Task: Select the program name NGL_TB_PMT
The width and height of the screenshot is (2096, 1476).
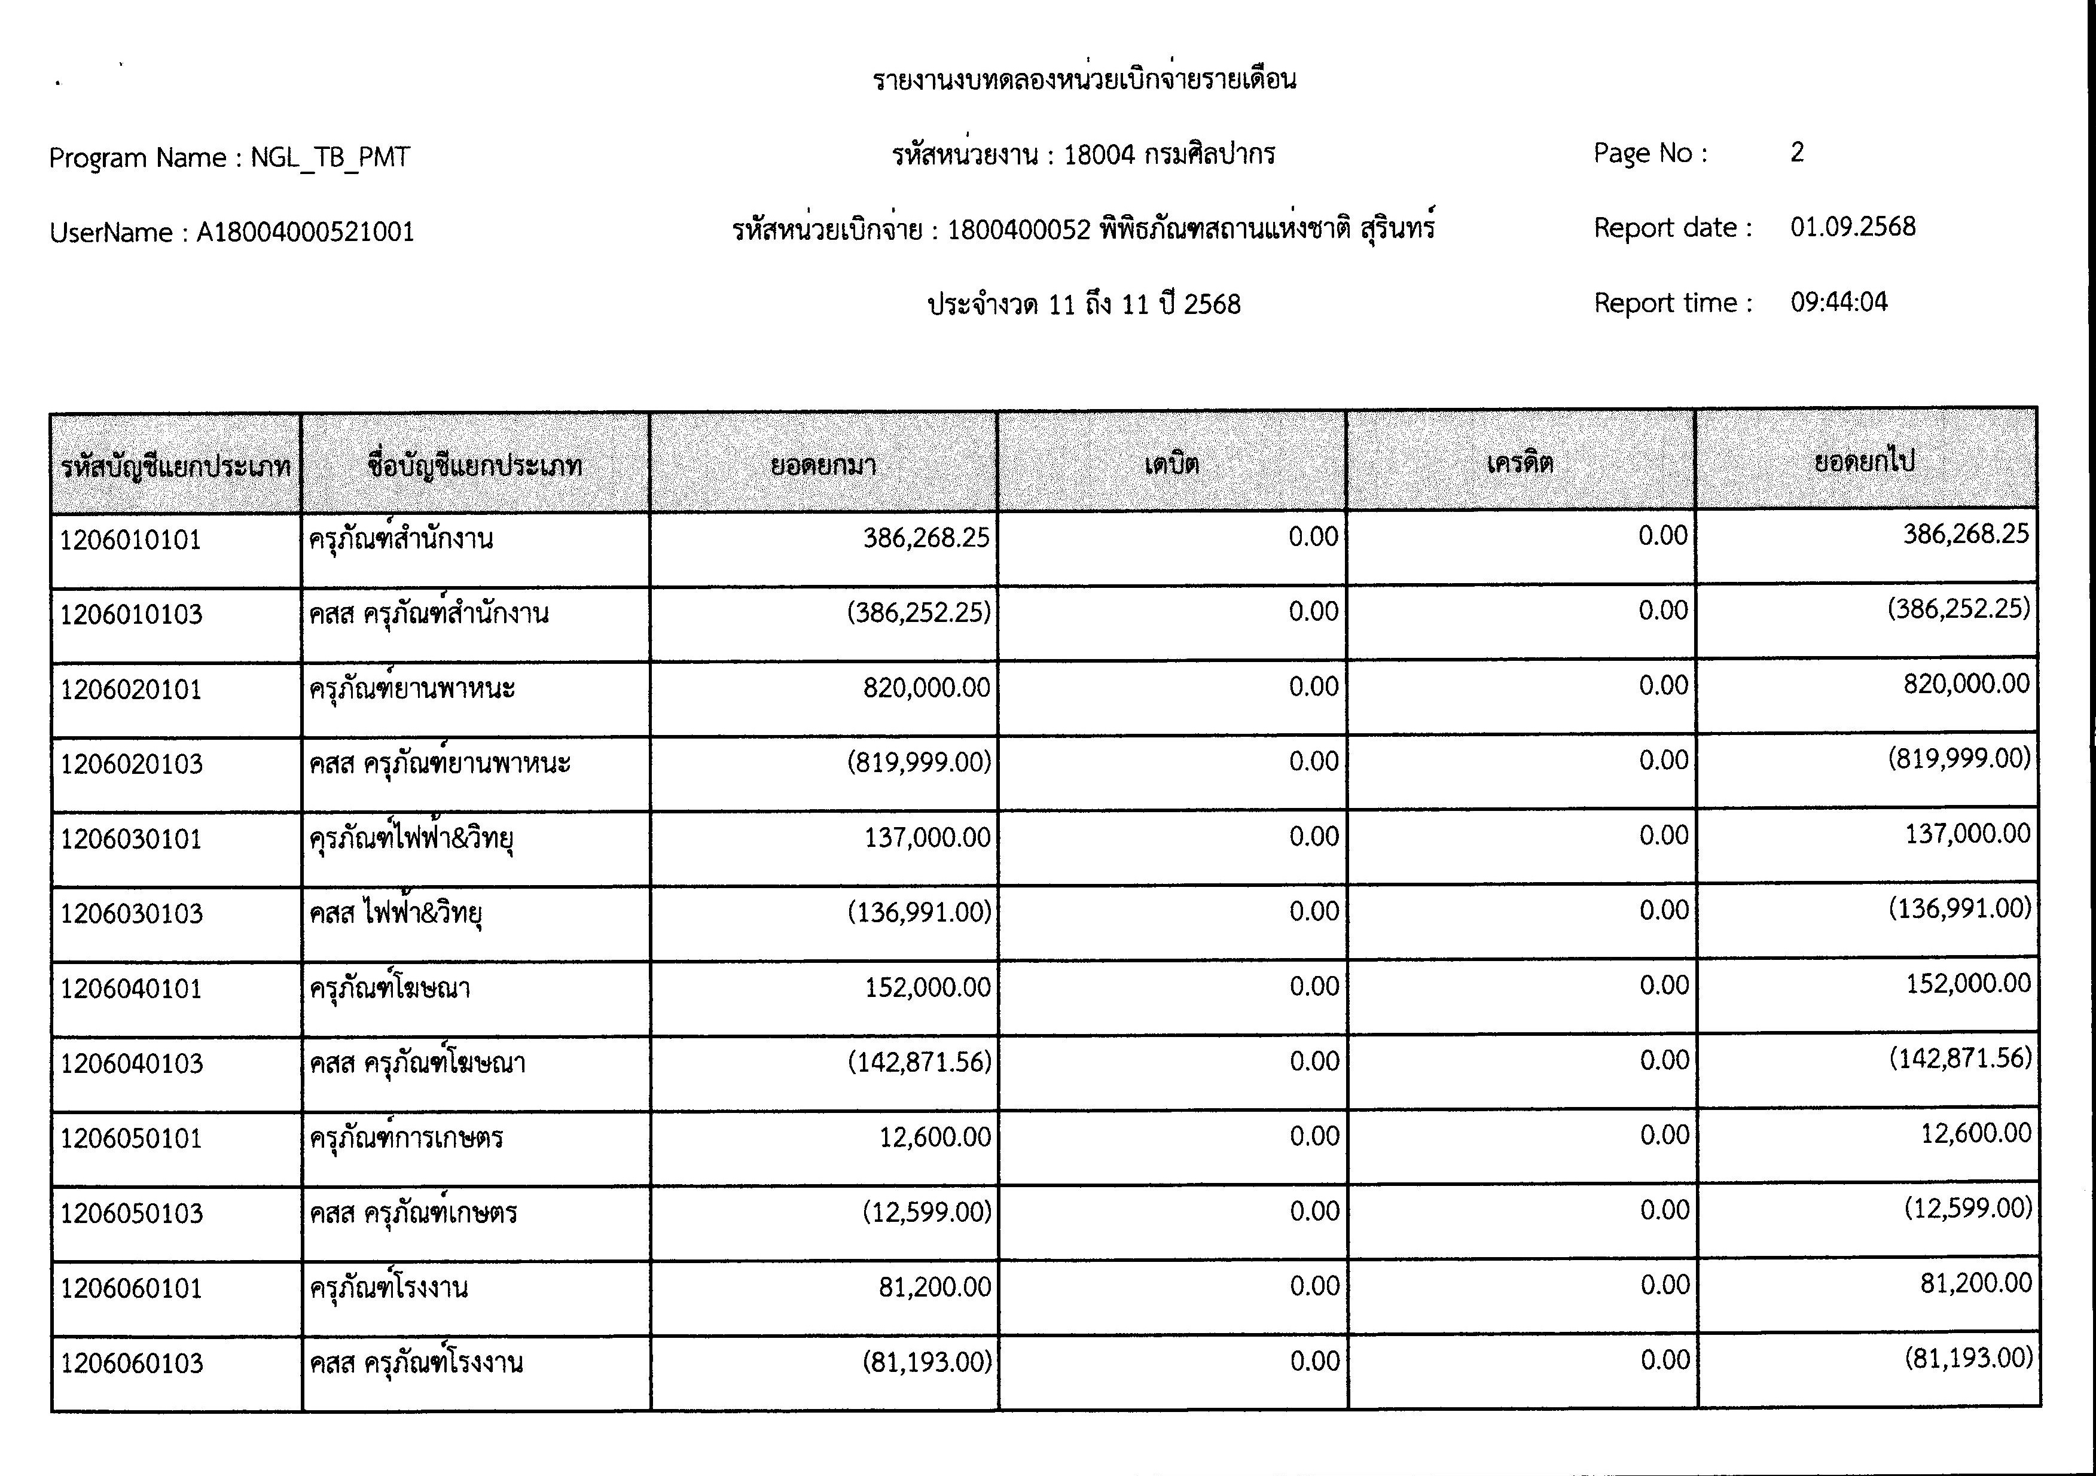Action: tap(331, 158)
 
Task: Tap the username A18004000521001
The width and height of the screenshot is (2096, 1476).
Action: tap(305, 232)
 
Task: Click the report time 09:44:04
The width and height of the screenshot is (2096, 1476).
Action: tap(1839, 302)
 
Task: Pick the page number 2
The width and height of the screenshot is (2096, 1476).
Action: tap(1796, 153)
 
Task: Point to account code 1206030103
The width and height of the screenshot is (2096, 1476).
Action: tap(132, 914)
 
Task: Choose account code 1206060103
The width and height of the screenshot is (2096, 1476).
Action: tap(132, 1364)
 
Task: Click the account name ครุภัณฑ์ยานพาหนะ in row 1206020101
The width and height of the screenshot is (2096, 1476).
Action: tap(411, 687)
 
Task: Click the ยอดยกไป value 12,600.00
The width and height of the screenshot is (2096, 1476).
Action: tap(1975, 1134)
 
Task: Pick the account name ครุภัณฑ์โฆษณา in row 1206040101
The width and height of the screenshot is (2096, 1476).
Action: tap(390, 987)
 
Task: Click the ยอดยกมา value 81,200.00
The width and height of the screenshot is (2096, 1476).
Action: tap(934, 1287)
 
